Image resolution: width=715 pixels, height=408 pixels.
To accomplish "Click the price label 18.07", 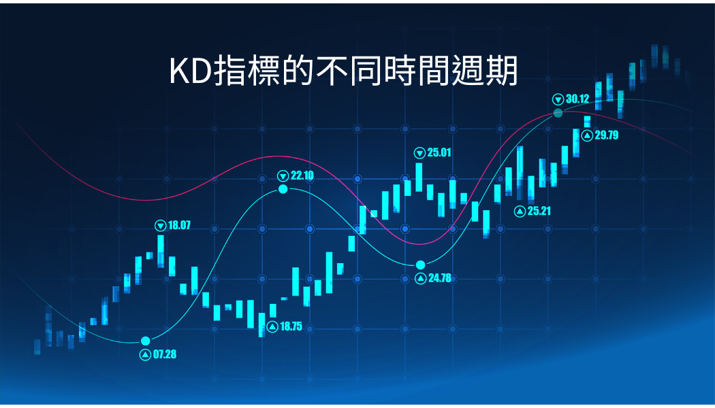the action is pyautogui.click(x=179, y=225).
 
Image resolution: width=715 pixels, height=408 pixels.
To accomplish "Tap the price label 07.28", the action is pyautogui.click(x=165, y=354).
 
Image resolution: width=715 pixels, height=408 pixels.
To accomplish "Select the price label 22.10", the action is pyautogui.click(x=302, y=175).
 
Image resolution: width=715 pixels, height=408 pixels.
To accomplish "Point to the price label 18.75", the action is pyautogui.click(x=291, y=326).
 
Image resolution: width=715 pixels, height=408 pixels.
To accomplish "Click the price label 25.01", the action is pyautogui.click(x=439, y=152).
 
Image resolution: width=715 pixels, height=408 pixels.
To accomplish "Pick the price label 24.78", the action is pyautogui.click(x=440, y=277).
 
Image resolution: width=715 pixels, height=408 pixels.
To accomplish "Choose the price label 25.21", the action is pyautogui.click(x=539, y=211).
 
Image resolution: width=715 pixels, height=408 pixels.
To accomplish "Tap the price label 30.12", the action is pyautogui.click(x=577, y=99).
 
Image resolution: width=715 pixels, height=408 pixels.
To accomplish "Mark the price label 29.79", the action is pyautogui.click(x=607, y=135).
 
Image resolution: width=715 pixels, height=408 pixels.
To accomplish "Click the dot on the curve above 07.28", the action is pyautogui.click(x=146, y=341).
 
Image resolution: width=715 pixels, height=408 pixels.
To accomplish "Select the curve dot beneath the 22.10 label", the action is pyautogui.click(x=283, y=189).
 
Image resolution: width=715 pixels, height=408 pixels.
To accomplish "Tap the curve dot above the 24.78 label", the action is pyautogui.click(x=420, y=265).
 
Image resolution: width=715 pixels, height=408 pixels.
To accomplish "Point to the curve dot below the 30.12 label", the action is pyautogui.click(x=558, y=113).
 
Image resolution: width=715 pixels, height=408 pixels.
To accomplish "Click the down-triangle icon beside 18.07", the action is pyautogui.click(x=161, y=225).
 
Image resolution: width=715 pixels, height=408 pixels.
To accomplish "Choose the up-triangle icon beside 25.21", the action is pyautogui.click(x=520, y=211).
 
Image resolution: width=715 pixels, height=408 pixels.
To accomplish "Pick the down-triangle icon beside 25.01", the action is pyautogui.click(x=419, y=153).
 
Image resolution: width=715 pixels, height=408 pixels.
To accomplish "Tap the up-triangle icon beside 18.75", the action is pyautogui.click(x=272, y=326).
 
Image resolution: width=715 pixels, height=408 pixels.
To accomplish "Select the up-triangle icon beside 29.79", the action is pyautogui.click(x=587, y=135).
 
